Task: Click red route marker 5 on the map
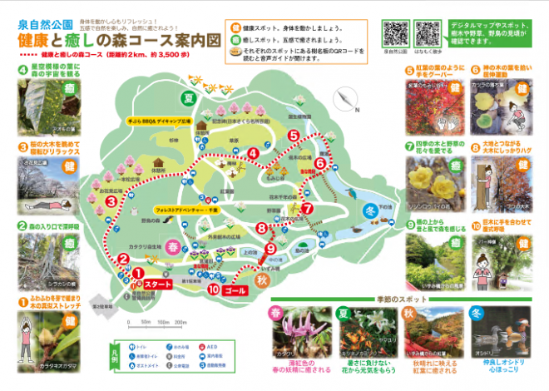293,135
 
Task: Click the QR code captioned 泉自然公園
396,32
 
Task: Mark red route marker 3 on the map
110,200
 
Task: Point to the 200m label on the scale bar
184,320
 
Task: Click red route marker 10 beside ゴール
215,290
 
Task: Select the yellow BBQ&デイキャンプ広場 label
160,121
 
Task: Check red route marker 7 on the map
306,208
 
